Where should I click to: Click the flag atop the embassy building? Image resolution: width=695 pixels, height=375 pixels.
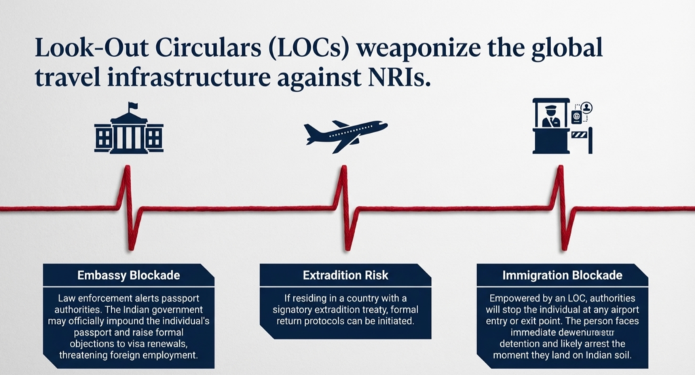[x=132, y=106]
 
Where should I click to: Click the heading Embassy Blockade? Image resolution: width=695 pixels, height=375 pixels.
[x=128, y=275]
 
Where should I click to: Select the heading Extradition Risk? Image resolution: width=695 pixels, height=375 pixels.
[x=345, y=275]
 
